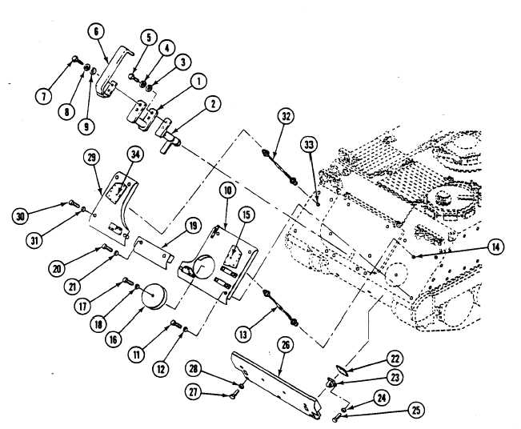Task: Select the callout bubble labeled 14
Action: click(x=497, y=247)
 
